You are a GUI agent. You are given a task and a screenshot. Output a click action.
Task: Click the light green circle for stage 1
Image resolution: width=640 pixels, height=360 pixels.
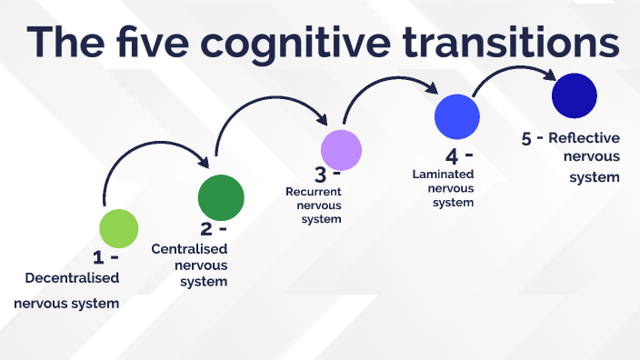(x=118, y=227)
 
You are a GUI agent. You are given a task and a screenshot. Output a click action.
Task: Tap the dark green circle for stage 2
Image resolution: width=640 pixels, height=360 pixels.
(x=221, y=196)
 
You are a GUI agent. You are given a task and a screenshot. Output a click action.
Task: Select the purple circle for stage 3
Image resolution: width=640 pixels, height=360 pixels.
(x=341, y=149)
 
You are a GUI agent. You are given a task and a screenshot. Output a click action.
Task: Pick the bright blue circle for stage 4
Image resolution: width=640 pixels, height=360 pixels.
(x=456, y=115)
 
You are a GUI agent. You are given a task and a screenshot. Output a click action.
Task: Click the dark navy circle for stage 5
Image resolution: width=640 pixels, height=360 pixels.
(x=574, y=95)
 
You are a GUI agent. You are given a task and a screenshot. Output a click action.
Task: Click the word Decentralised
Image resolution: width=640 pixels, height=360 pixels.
(x=72, y=277)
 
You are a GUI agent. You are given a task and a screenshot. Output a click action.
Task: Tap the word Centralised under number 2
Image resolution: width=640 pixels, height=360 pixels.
(x=189, y=248)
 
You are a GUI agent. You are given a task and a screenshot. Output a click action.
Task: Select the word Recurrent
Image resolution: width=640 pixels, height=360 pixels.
(x=313, y=192)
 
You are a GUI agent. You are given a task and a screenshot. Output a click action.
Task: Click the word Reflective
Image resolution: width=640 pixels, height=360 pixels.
(x=584, y=138)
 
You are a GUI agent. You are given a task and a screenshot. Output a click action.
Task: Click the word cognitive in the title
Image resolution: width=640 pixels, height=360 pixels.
(x=299, y=43)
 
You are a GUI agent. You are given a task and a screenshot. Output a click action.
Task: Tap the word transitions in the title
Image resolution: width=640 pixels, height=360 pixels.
(x=516, y=42)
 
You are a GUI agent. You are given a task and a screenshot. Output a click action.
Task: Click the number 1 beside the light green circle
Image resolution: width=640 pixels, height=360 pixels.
(x=98, y=258)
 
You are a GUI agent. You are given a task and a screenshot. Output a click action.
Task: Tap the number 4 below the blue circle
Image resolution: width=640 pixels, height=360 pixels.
(x=452, y=155)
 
